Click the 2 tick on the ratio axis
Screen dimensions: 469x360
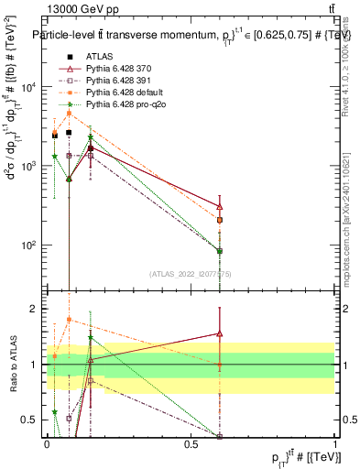tap(38, 309)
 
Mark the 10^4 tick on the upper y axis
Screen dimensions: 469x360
tap(31, 87)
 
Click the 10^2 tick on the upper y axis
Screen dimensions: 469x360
tap(31, 245)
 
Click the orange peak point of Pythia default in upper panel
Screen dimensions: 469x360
tap(69, 113)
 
